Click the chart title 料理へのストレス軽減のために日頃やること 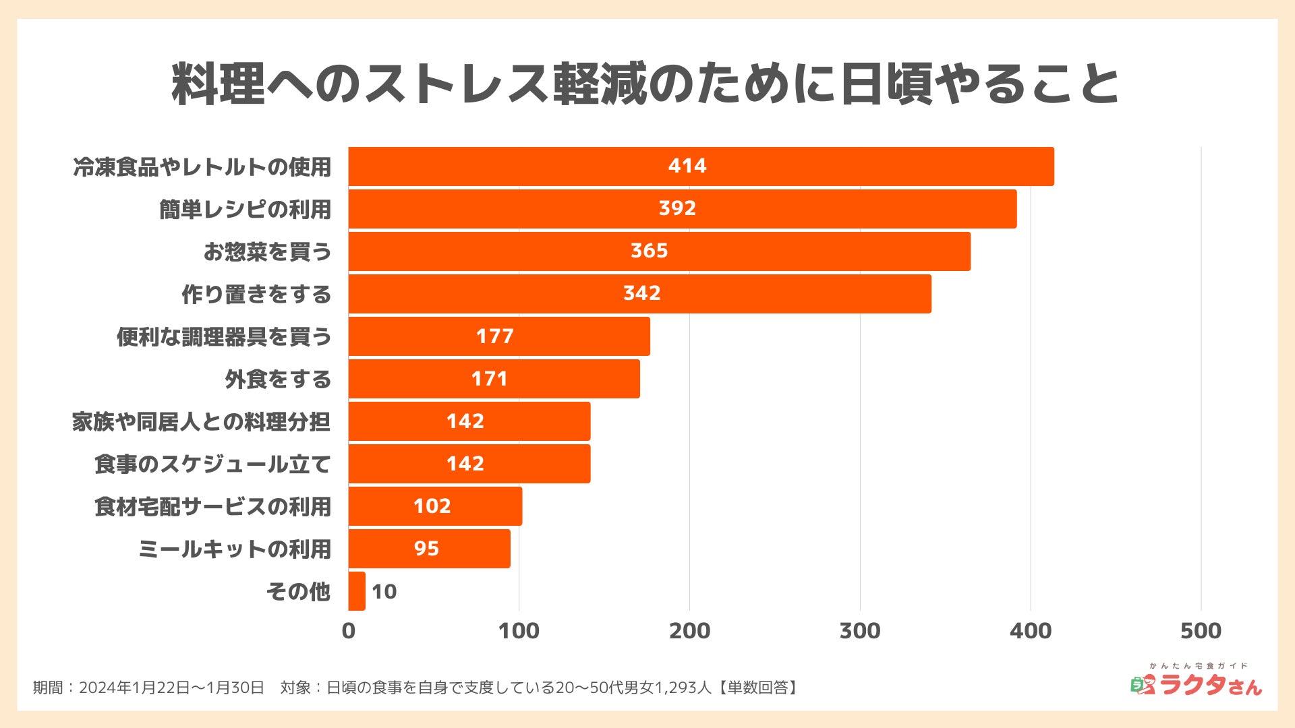click(x=645, y=84)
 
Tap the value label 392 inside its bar click(x=677, y=208)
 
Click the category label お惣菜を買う click(x=267, y=251)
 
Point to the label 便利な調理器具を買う click(x=224, y=336)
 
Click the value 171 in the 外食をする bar click(x=489, y=379)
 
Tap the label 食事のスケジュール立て click(x=212, y=464)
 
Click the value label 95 click(x=426, y=549)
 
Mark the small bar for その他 click(x=357, y=591)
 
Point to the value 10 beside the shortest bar click(x=384, y=592)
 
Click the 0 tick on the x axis click(x=349, y=631)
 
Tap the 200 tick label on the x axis click(x=689, y=631)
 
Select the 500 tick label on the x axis click(x=1201, y=631)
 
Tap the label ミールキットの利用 click(x=235, y=549)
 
